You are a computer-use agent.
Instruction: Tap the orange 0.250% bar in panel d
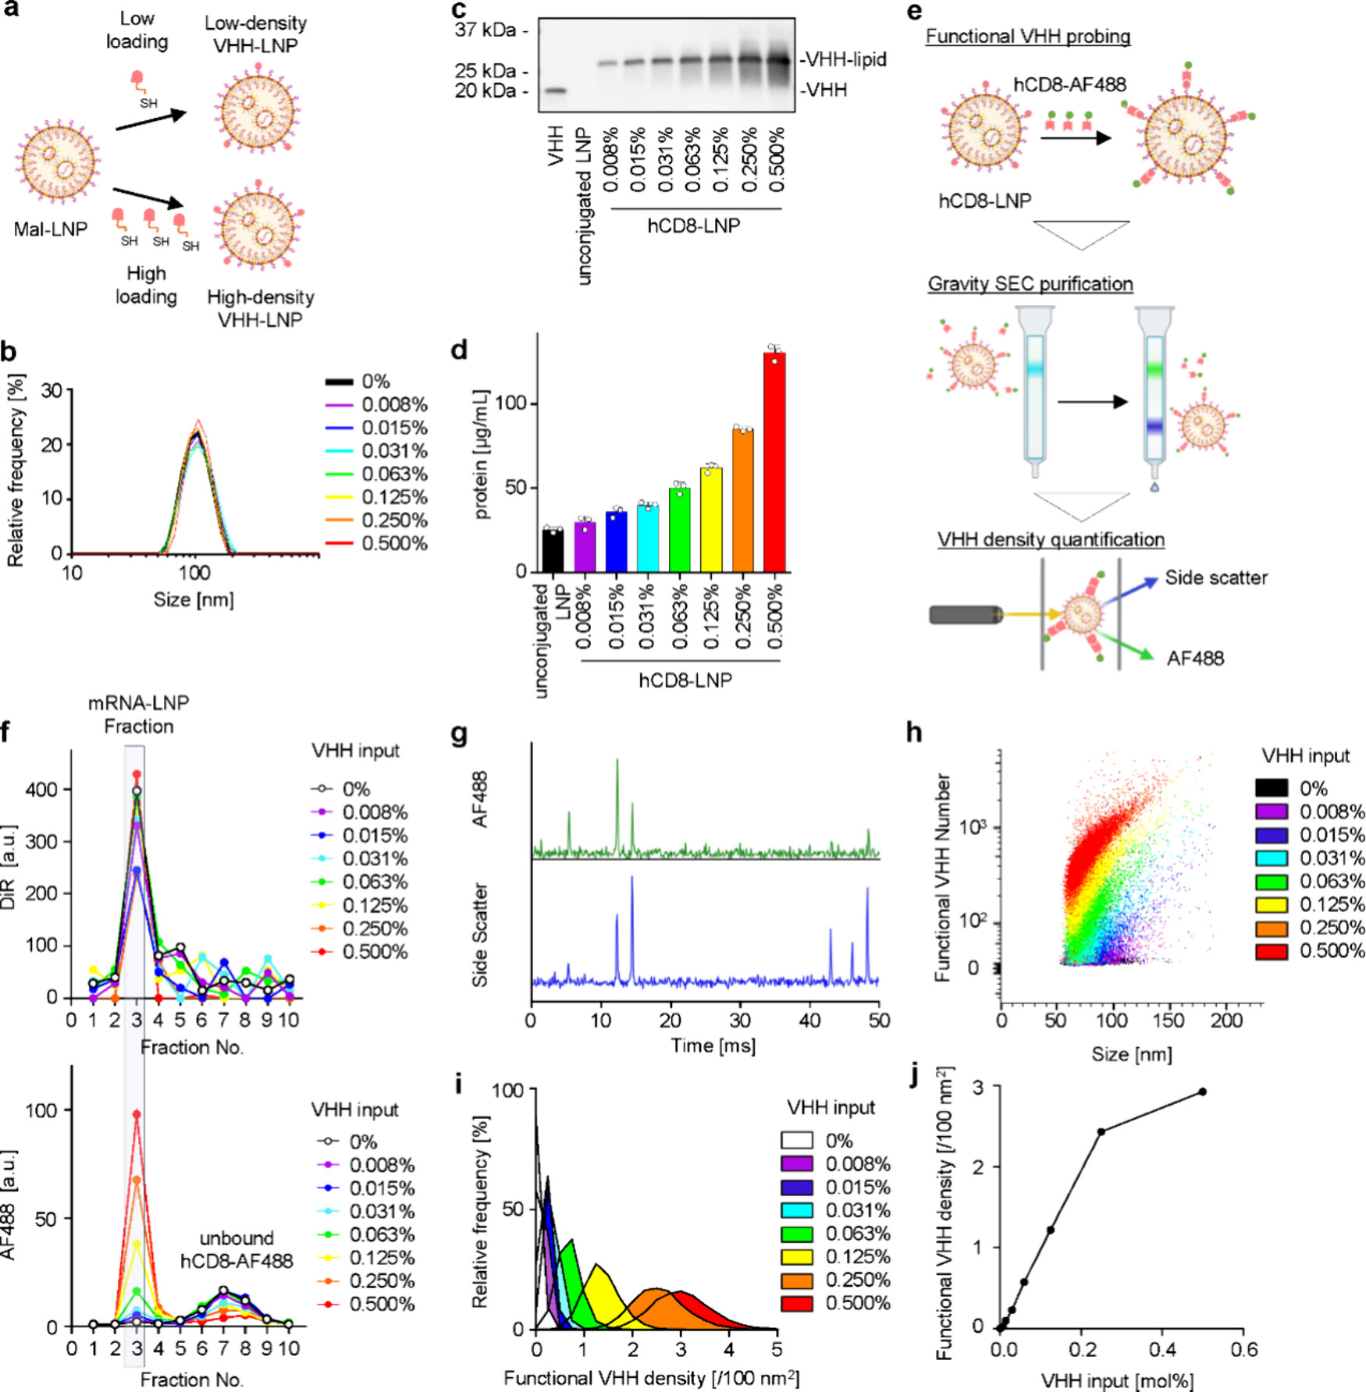[742, 499]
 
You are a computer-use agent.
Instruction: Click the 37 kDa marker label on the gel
[486, 30]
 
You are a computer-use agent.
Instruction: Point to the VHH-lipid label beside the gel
[843, 59]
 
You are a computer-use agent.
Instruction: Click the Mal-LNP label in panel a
[51, 229]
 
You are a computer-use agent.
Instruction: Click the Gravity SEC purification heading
[1030, 283]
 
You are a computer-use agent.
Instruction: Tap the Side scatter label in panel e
[1215, 577]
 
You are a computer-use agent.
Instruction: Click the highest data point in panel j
[1202, 1092]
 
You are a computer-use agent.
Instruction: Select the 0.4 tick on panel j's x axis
[1162, 1349]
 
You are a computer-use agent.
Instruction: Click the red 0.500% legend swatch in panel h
[1272, 951]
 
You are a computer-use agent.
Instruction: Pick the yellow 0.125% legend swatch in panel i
[796, 1256]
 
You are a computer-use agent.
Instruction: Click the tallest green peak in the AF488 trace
[617, 761]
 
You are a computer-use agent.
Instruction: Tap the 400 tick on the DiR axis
[41, 790]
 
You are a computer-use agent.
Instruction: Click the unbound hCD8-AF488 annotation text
[237, 1249]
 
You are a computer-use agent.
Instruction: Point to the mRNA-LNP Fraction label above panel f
[138, 714]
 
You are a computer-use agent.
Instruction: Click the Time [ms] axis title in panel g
[713, 1046]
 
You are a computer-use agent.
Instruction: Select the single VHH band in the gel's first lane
[555, 90]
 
